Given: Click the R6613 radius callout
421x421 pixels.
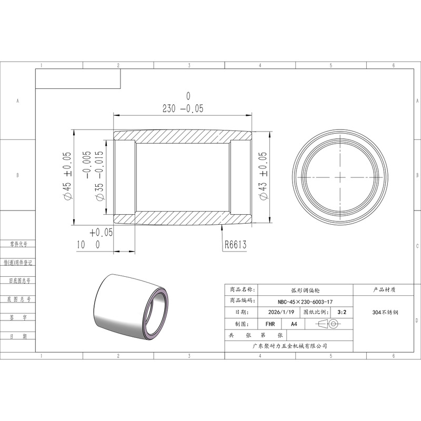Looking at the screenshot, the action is [x=235, y=245].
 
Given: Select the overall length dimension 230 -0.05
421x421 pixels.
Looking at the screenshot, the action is [x=183, y=103].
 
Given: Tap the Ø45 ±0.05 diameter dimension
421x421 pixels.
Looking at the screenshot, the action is [x=67, y=176].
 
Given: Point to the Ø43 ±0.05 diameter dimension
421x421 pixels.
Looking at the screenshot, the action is [x=263, y=176].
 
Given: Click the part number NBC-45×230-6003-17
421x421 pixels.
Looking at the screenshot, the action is [x=305, y=302].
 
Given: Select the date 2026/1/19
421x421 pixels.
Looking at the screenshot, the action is [x=281, y=312].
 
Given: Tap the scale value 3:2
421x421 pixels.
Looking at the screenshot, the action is [x=342, y=312].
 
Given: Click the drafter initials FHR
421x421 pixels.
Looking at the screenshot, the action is [x=270, y=324].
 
